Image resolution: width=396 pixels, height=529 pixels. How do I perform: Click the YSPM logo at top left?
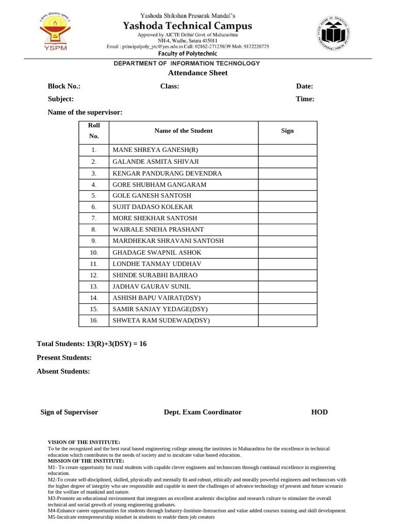pyautogui.click(x=54, y=31)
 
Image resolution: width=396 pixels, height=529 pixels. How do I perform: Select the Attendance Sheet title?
pyautogui.click(x=190, y=73)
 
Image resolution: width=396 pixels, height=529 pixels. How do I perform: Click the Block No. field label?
pyautogui.click(x=64, y=86)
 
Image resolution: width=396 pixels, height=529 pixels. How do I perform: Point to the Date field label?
pyautogui.click(x=304, y=86)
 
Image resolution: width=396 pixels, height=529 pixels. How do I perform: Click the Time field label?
pyautogui.click(x=305, y=99)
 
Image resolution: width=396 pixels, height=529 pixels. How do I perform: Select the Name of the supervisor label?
pyautogui.click(x=85, y=112)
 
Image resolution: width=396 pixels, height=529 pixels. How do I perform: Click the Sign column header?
pyautogui.click(x=287, y=131)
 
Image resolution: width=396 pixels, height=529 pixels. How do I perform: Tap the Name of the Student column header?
pyautogui.click(x=183, y=131)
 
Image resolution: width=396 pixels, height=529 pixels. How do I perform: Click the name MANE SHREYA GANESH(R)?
pyautogui.click(x=155, y=150)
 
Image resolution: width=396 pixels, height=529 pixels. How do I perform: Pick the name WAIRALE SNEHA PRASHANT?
pyautogui.click(x=158, y=229)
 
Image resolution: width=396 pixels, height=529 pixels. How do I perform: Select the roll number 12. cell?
pyautogui.click(x=94, y=275)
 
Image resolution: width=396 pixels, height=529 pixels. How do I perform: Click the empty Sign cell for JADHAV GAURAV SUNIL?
pyautogui.click(x=287, y=286)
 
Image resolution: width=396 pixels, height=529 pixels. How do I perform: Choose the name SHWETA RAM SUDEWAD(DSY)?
pyautogui.click(x=161, y=321)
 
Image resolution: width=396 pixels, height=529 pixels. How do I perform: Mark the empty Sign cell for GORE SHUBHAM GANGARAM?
pyautogui.click(x=287, y=184)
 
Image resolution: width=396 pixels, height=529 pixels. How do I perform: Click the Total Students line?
pyautogui.click(x=92, y=344)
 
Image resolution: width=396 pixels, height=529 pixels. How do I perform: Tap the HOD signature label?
pyautogui.click(x=319, y=412)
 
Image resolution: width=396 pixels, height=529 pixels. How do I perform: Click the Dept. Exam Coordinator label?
pyautogui.click(x=203, y=412)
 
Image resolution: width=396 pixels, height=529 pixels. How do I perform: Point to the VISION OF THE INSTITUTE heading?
pyautogui.click(x=84, y=442)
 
